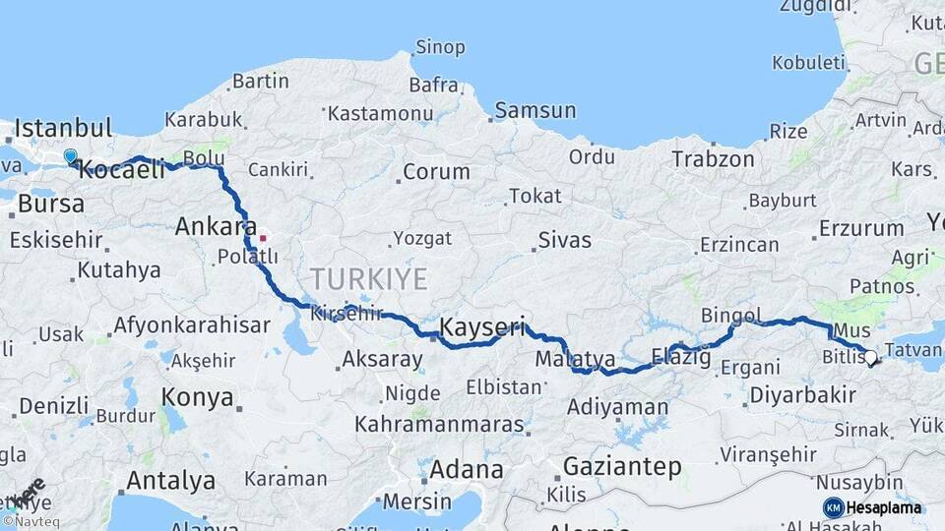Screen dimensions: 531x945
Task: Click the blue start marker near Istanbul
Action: pos(70,155)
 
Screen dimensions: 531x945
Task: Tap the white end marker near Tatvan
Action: pos(870,359)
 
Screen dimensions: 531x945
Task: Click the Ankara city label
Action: pos(216,227)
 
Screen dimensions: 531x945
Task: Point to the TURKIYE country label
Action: pos(369,279)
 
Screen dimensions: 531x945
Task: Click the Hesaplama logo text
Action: pos(884,507)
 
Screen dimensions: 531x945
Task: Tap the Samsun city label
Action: pos(535,110)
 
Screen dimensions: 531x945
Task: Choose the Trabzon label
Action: pos(713,158)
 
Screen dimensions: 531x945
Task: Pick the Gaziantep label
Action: pos(621,467)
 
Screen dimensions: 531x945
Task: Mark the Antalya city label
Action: pos(170,481)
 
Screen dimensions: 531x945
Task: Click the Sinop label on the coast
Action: pos(439,46)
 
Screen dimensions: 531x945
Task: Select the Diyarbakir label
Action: pos(801,395)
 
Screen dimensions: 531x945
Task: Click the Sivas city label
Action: pos(565,240)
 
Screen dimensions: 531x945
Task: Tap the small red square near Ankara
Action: pos(262,237)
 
